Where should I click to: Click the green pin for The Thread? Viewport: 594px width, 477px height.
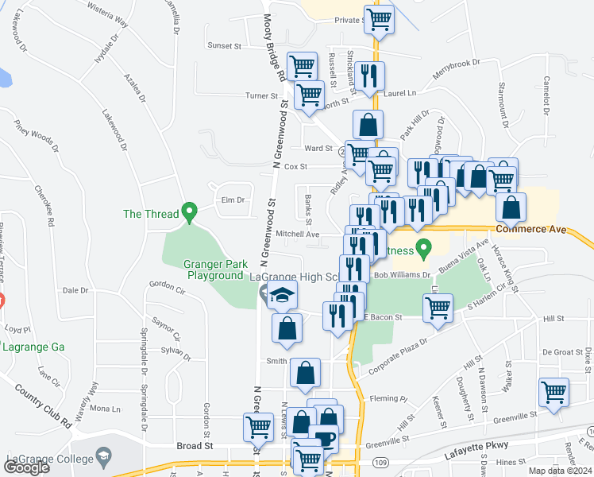click(189, 212)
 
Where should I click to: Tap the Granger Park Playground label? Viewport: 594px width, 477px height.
click(214, 270)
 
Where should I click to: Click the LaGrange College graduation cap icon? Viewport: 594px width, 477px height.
click(102, 456)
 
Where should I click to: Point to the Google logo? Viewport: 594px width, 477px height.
click(26, 467)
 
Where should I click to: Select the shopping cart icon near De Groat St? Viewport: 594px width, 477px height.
click(553, 391)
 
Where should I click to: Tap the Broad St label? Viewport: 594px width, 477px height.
click(196, 446)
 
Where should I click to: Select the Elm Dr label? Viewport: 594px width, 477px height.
click(232, 200)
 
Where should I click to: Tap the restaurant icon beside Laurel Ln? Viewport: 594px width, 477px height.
click(368, 76)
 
